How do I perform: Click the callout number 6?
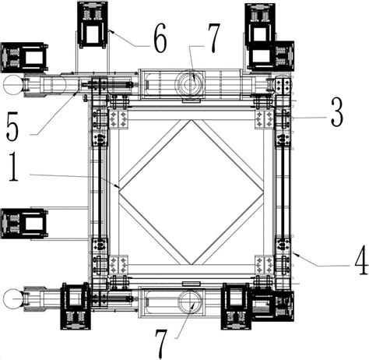click(160, 38)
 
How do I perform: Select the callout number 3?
click(336, 112)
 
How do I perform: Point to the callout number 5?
click(12, 126)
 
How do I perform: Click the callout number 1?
click(13, 167)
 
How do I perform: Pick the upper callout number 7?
click(214, 38)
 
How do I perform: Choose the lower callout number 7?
click(161, 344)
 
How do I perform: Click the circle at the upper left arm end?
click(13, 84)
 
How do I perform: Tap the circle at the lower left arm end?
click(13, 299)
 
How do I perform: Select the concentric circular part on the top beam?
click(191, 84)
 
